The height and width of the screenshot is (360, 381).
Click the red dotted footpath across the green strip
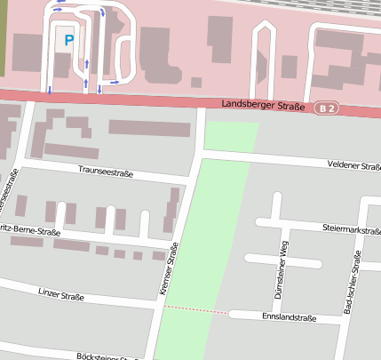[194, 309]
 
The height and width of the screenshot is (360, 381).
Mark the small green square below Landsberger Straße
[231, 136]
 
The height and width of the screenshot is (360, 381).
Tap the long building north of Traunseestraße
[149, 127]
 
